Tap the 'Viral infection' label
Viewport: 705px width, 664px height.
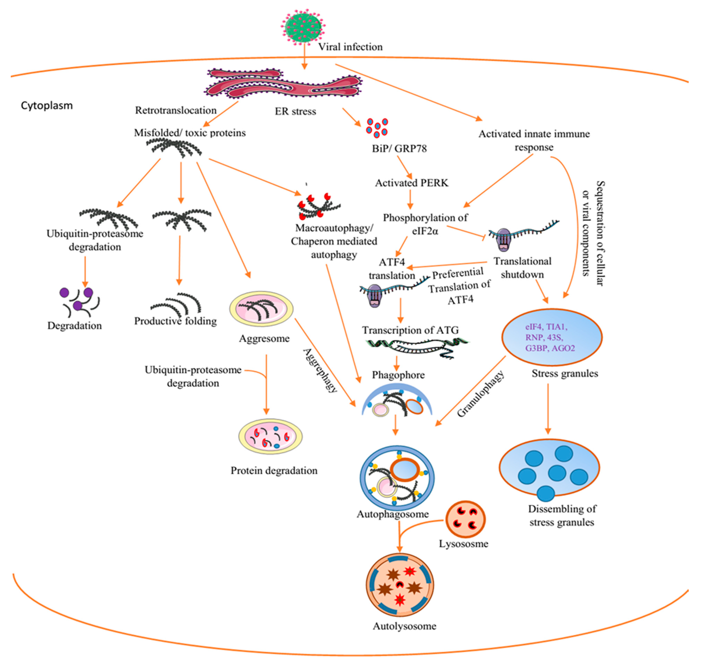[350, 47]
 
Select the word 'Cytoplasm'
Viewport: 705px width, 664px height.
[47, 105]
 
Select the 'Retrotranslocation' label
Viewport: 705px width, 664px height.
[176, 110]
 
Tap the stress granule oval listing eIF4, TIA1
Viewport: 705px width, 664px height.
[551, 337]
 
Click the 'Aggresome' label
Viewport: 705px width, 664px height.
[264, 338]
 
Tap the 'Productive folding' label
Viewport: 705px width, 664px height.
[175, 321]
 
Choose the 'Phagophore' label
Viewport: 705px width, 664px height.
[398, 375]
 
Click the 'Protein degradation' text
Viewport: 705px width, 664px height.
[274, 471]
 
